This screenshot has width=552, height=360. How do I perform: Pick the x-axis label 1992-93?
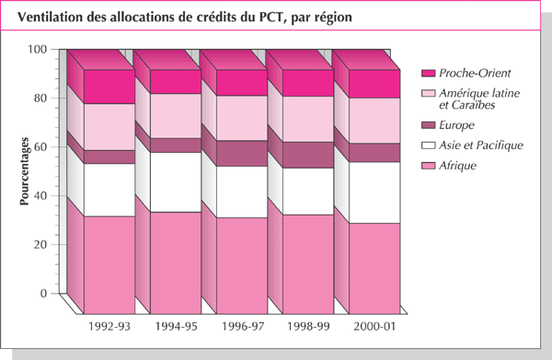click(x=109, y=327)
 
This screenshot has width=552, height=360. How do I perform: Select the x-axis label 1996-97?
click(x=242, y=327)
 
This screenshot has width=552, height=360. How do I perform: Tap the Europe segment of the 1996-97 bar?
click(x=242, y=153)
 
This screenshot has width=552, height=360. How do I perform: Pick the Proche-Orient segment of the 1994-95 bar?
click(x=176, y=81)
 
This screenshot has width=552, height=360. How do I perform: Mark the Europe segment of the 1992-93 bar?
click(x=109, y=157)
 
